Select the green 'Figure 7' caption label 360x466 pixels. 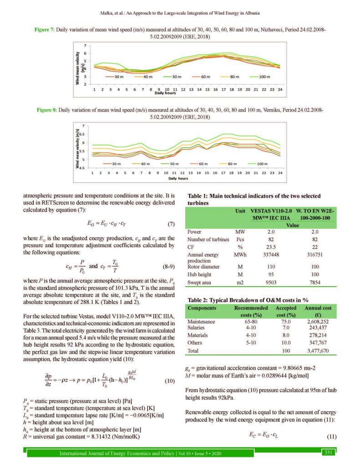tap(44, 30)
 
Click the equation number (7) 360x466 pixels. tap(168, 224)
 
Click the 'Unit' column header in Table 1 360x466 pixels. tap(240, 211)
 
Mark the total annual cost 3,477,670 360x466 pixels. tap(316, 351)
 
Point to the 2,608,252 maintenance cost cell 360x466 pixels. tap(316, 321)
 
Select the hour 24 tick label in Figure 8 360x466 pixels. tap(280, 173)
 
